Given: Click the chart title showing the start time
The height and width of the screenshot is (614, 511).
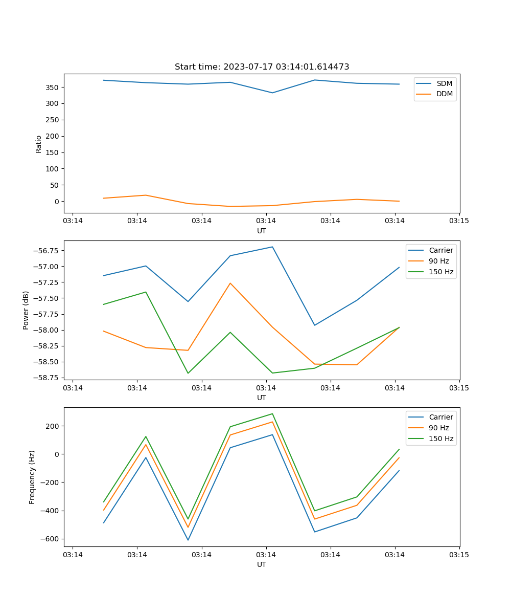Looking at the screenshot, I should coord(262,67).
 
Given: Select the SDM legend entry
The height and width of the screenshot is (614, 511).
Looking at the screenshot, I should coord(444,83).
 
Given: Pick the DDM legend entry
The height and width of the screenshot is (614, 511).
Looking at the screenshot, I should coord(444,94).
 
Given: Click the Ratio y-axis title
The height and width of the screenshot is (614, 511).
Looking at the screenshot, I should coord(39,144).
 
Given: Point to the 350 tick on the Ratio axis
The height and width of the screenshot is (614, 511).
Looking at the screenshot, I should coord(53,87).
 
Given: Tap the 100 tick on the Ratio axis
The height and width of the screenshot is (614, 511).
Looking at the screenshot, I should coord(53,169).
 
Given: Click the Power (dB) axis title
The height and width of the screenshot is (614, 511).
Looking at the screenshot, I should coord(26,310).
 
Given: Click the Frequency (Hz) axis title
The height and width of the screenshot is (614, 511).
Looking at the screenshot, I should coord(32,477).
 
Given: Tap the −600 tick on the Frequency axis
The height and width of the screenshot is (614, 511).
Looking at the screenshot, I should coord(50,539).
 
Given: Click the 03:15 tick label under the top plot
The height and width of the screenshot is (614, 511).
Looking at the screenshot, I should coord(459,221).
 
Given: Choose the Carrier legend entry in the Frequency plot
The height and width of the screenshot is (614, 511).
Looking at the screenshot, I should coord(440,417).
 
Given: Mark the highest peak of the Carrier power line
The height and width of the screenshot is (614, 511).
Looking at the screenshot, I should coord(272,247).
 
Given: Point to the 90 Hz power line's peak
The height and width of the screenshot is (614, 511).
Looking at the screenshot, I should coord(230,283).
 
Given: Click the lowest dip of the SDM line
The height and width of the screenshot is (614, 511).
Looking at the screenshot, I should coord(272,93).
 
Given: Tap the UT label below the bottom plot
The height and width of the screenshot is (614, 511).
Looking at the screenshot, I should coord(262,564).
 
